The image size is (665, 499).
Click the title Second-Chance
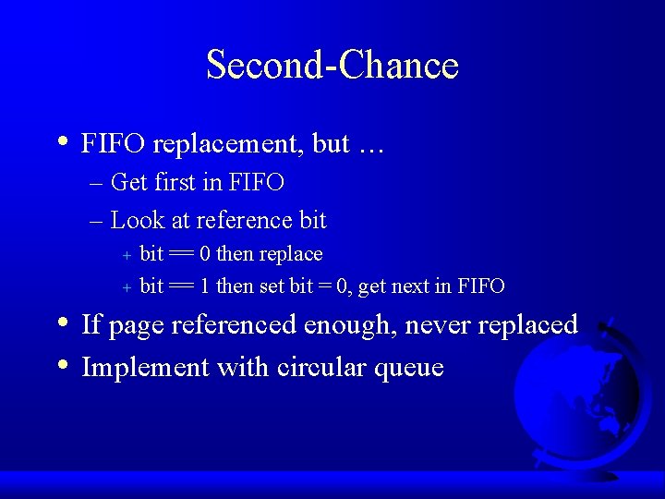(332, 66)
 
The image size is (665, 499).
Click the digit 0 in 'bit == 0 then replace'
(206, 254)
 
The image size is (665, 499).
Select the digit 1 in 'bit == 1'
(206, 286)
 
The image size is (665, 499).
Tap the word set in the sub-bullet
(272, 286)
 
